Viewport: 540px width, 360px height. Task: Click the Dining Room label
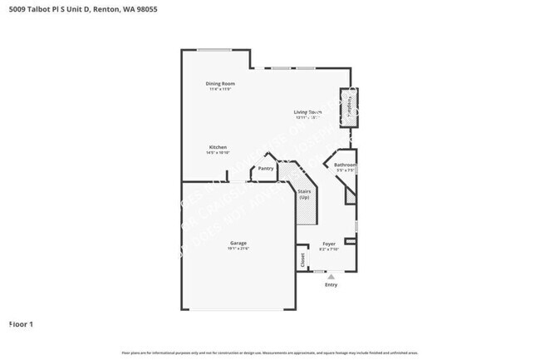[220, 83]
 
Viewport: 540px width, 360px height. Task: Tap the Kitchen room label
[218, 147]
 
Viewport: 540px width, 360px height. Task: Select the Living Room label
[307, 111]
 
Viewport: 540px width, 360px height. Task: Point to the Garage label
[238, 243]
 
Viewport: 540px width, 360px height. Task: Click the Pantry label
[266, 169]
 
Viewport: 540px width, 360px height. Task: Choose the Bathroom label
[345, 165]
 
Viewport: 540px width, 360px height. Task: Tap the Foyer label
[329, 244]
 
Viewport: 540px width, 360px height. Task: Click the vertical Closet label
[302, 259]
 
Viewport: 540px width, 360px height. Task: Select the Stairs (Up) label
[304, 195]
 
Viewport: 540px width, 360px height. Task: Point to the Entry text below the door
[331, 285]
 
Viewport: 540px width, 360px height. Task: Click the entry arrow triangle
[331, 276]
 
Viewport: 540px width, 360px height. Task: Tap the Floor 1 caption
[21, 323]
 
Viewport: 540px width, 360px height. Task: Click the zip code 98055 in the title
[145, 9]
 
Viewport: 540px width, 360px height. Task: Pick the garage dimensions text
[238, 249]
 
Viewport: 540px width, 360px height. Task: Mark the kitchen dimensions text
[218, 153]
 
